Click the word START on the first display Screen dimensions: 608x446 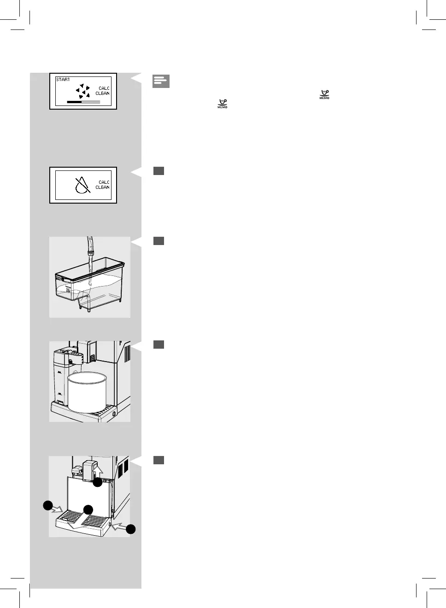tap(63, 80)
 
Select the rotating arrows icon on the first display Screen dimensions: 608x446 tap(83, 91)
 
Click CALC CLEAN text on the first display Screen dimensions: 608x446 tap(103, 91)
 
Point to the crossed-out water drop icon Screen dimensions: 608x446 tap(82, 185)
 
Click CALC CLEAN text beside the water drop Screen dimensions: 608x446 tap(103, 185)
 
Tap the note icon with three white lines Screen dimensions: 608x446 tap(161, 81)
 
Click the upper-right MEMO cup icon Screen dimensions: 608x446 tap(324, 95)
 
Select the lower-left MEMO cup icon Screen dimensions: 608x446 tap(223, 104)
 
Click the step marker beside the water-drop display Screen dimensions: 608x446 tap(158, 171)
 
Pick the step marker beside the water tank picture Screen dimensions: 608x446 tap(158, 241)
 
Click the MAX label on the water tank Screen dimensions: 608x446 tap(59, 279)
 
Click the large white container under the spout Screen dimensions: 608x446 tap(87, 392)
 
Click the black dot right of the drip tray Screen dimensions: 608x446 tap(131, 529)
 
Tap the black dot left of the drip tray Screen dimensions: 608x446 tap(47, 505)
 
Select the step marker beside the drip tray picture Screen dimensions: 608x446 tap(158, 460)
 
